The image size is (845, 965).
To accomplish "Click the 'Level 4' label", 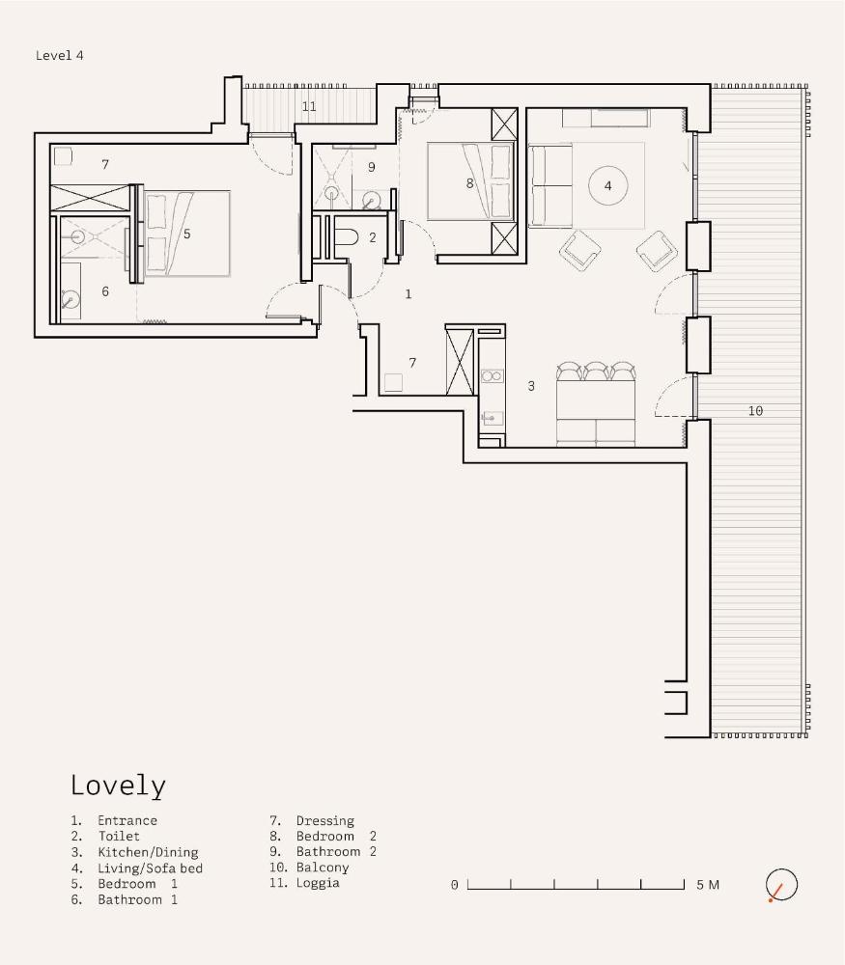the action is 59,55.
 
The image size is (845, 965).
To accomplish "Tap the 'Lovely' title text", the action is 118,786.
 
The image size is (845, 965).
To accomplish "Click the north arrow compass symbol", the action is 781,885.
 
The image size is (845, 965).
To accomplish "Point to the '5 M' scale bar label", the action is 708,885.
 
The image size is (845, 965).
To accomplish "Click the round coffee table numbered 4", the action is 607,185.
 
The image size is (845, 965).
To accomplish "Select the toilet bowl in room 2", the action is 349,237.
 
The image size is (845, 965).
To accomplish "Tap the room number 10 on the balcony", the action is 755,410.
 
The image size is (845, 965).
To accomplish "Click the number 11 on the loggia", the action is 309,106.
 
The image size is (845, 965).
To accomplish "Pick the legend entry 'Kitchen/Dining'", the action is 148,852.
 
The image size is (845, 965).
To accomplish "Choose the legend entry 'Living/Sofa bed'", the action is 151,868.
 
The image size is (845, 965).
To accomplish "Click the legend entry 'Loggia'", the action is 318,883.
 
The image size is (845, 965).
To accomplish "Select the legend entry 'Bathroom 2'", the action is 336,852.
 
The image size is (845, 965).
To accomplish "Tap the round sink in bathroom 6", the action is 70,301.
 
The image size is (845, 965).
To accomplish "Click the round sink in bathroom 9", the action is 372,201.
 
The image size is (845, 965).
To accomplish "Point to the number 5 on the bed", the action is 187,234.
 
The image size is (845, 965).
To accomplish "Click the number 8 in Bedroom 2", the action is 470,183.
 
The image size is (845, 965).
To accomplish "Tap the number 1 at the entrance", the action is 408,294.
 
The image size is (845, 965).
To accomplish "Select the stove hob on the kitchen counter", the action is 493,376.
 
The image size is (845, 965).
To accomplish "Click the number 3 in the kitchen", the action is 531,386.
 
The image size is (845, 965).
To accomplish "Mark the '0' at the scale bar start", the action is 455,885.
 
